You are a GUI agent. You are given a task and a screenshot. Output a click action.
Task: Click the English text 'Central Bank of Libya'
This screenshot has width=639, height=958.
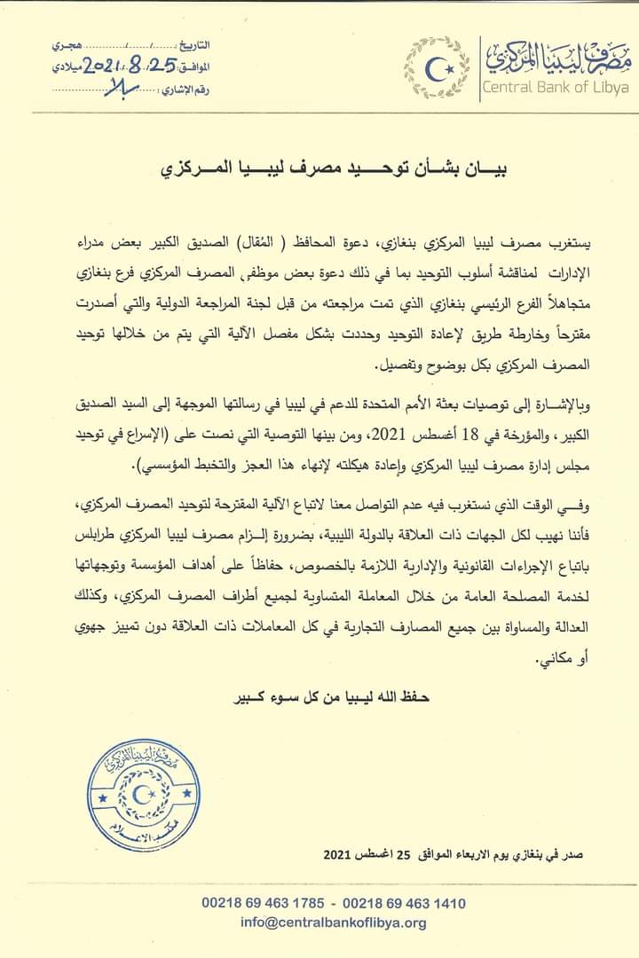(x=555, y=87)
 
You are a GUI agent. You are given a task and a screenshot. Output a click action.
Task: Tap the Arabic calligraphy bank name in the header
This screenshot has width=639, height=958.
(x=556, y=56)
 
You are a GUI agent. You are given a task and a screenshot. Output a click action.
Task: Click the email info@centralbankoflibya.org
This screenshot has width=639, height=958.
(x=333, y=923)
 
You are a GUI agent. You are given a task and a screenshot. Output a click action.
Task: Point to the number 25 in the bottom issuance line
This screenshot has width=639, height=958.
(x=405, y=856)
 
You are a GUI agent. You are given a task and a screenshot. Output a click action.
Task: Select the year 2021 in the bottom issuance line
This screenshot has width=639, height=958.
(x=340, y=856)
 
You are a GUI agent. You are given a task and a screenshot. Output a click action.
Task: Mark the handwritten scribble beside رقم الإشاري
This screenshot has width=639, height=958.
(x=115, y=87)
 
